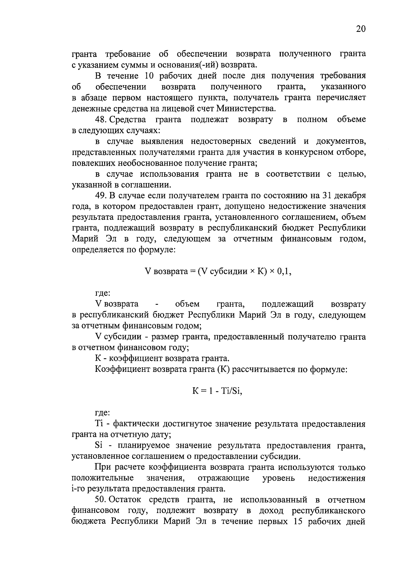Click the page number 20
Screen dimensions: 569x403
[x=360, y=29]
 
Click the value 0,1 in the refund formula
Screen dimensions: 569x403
[x=284, y=272]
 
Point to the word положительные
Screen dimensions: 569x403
[x=103, y=478]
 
